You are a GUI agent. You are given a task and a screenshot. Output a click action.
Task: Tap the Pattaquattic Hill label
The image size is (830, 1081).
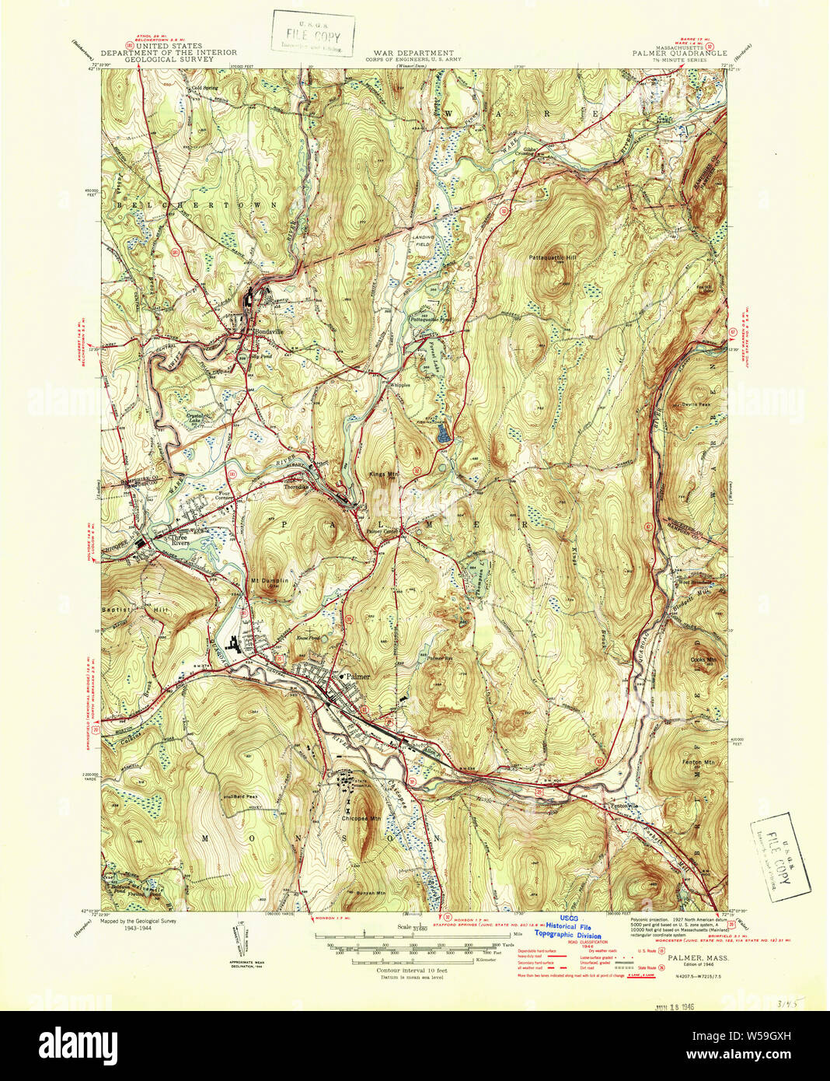tap(553, 257)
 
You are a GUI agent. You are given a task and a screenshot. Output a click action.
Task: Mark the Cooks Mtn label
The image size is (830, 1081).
tap(703, 659)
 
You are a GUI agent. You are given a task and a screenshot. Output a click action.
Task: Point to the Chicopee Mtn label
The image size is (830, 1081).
tap(361, 818)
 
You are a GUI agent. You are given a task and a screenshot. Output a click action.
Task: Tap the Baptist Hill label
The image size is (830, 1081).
tap(136, 610)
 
